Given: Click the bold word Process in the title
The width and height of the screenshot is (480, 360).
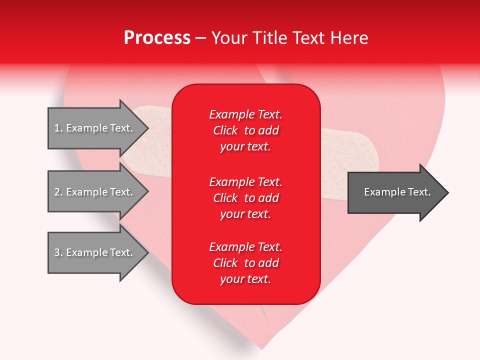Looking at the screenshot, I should tap(157, 38).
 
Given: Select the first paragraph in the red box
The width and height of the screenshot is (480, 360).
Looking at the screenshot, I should tap(245, 130).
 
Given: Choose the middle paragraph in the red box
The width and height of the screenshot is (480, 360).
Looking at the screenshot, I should tap(245, 198).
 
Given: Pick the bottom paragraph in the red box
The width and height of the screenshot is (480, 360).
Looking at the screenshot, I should tap(245, 263).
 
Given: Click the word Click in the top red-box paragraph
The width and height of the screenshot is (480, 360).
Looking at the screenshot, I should tap(225, 130).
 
